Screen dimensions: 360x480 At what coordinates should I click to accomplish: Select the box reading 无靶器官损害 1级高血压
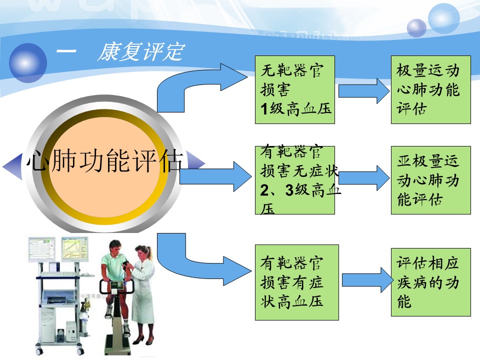click(294, 89)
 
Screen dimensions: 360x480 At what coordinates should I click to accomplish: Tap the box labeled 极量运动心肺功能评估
click(430, 89)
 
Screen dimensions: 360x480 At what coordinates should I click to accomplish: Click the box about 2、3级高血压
click(294, 180)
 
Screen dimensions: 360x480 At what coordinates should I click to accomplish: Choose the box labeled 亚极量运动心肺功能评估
click(430, 180)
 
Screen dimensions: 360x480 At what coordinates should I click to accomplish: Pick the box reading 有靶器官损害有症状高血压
click(296, 282)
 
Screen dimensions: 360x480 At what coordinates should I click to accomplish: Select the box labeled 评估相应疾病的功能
click(430, 282)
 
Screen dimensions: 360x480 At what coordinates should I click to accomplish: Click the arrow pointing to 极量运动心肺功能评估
click(363, 91)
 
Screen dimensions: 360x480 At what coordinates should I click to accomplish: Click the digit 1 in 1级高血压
click(263, 108)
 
